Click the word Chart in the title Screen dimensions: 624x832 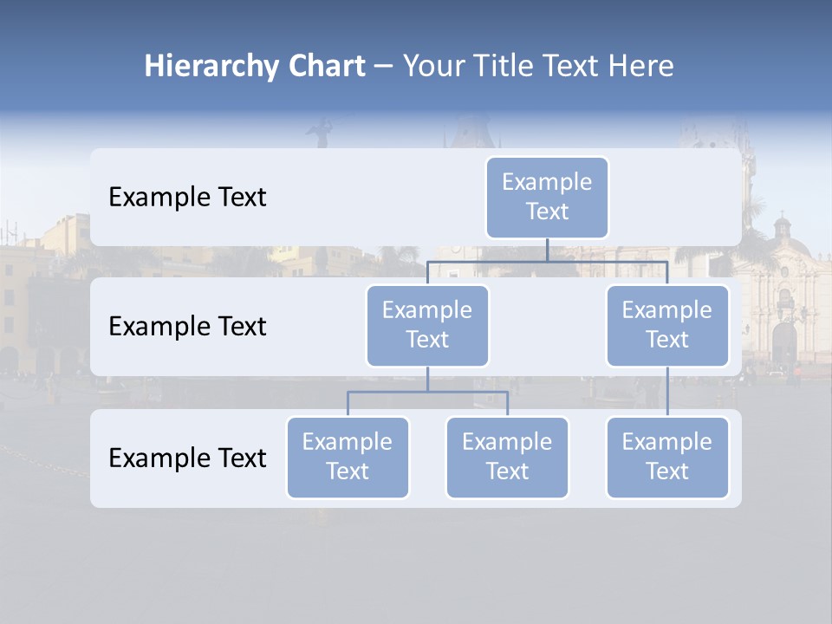click(326, 66)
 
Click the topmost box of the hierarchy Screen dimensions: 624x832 click(547, 197)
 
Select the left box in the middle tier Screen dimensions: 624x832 click(427, 325)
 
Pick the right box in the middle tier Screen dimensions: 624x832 click(667, 325)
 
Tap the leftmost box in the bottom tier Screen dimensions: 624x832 click(348, 457)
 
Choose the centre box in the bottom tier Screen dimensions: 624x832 click(507, 457)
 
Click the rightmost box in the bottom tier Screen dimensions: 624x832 click(667, 457)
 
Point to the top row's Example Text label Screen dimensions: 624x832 click(187, 198)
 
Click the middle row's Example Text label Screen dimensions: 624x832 click(187, 327)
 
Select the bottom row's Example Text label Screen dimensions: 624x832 click(187, 458)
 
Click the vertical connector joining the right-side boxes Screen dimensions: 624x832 click(667, 392)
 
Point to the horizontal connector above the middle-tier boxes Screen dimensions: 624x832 click(547, 261)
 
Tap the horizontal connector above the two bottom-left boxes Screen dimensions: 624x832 click(427, 392)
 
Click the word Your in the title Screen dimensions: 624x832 click(433, 66)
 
